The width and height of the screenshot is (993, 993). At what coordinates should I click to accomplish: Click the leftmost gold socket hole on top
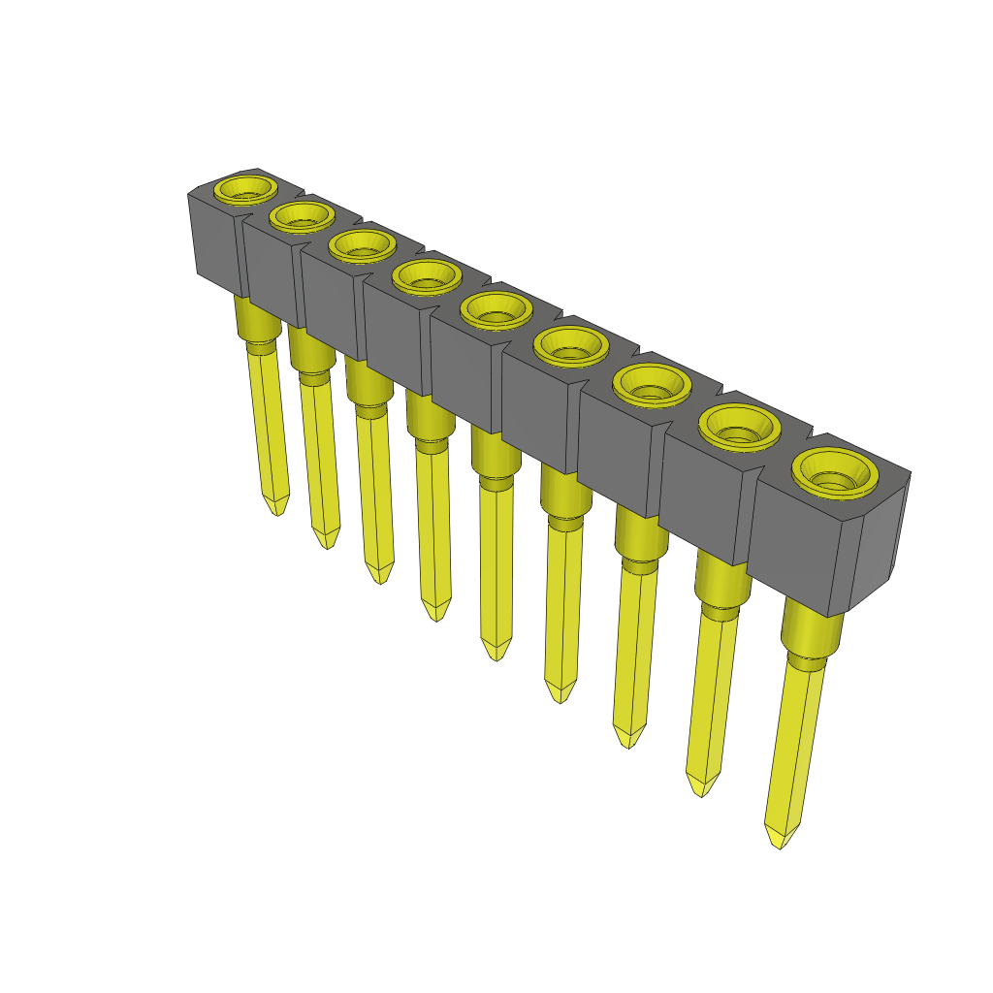[x=243, y=188]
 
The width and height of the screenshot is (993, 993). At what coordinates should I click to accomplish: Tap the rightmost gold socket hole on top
[x=835, y=474]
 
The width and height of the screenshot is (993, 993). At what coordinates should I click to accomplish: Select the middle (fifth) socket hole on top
[x=496, y=311]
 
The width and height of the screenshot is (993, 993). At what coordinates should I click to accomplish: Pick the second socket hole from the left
[x=301, y=216]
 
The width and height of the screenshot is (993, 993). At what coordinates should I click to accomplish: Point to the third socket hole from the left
[x=362, y=244]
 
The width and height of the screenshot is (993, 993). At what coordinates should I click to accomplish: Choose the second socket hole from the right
[x=740, y=428]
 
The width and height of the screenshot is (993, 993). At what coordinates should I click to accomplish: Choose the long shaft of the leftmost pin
[x=271, y=427]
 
